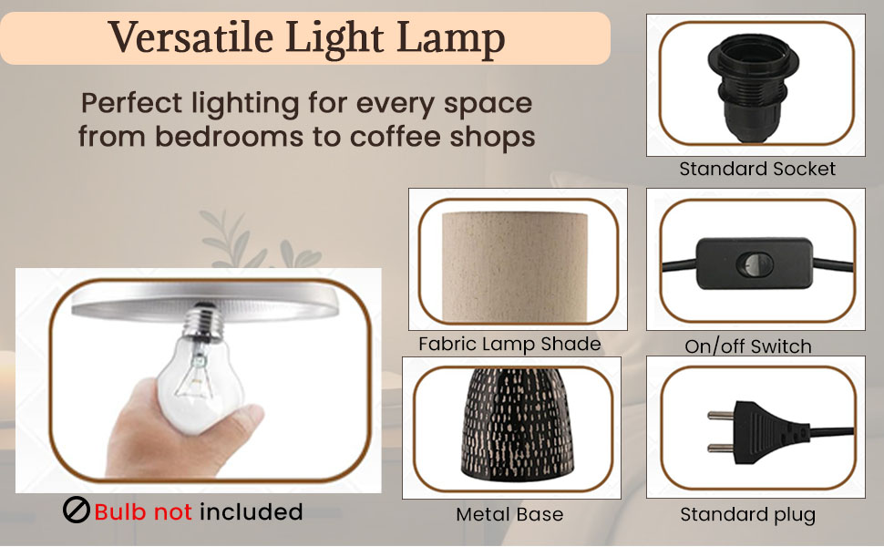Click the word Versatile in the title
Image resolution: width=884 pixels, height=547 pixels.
(191, 37)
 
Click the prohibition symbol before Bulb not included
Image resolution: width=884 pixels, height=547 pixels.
(77, 511)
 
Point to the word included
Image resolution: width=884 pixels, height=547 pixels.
(251, 511)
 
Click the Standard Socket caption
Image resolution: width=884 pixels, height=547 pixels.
(757, 169)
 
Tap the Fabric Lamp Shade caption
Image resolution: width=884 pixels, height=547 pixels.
(509, 344)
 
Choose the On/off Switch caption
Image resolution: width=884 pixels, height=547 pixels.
(748, 346)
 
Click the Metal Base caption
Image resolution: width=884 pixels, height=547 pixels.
(509, 514)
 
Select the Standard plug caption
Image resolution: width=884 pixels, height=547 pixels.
(747, 514)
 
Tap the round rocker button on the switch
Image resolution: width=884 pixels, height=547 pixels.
(755, 263)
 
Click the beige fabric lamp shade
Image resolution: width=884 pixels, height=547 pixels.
(515, 266)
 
